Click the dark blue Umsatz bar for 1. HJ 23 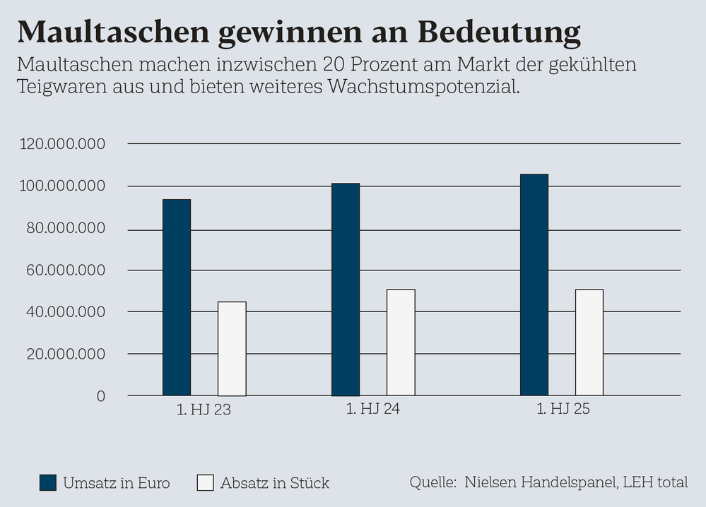pos(177,297)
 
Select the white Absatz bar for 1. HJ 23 pos(232,349)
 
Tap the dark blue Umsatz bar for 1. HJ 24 pos(346,290)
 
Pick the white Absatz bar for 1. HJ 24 pos(401,342)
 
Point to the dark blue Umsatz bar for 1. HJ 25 pos(534,285)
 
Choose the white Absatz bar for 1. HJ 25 pos(589,342)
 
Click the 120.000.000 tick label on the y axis pos(63,144)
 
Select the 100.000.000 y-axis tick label pos(63,186)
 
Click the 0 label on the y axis pos(101,396)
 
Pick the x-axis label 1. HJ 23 pos(204,410)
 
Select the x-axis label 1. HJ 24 pos(373,410)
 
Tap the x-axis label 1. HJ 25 pos(563,410)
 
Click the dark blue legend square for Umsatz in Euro pos(48,483)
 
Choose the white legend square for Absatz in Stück pos(205,483)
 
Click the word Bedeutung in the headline pos(499,31)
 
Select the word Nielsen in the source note pos(492,482)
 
